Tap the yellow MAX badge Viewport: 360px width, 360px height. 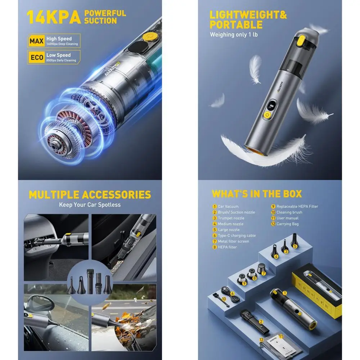click(37, 41)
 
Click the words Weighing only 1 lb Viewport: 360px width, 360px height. click(234, 35)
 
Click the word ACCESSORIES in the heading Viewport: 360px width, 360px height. click(116, 195)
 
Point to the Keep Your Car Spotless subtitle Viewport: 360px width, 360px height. click(90, 205)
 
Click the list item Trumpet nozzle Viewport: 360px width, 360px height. click(231, 218)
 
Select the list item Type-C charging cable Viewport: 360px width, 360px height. click(237, 235)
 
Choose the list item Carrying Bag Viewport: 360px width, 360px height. click(287, 224)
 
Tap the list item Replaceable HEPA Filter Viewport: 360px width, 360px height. click(297, 207)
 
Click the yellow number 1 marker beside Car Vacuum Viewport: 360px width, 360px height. click(214, 207)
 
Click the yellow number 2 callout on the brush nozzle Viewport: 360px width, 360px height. click(261, 322)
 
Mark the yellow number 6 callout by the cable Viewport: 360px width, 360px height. click(233, 293)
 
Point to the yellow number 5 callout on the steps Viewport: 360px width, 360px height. click(295, 247)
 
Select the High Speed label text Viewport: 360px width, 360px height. click(59, 39)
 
